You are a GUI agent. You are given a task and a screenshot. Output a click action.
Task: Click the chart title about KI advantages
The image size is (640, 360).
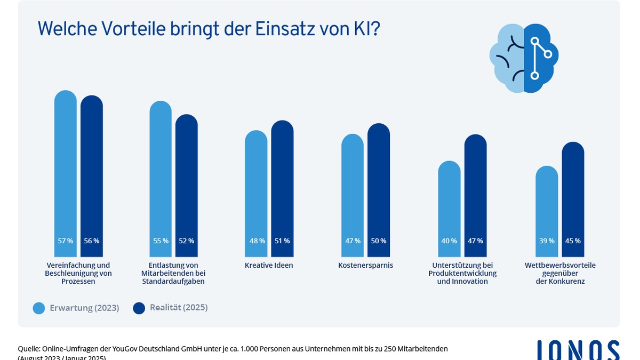pos(208,28)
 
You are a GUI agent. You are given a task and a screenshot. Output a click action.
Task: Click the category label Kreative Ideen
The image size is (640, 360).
pos(269,265)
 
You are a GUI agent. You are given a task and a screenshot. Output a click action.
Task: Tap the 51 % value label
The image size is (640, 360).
pos(282,241)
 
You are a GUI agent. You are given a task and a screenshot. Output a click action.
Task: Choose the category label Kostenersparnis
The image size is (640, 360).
pos(365,265)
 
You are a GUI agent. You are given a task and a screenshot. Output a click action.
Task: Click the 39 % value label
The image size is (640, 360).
pos(547,241)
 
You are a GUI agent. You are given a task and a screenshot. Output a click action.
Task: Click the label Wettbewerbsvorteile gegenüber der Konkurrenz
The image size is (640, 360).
pos(560,273)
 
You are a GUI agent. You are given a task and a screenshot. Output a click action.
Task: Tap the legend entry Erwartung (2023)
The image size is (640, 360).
pos(76,308)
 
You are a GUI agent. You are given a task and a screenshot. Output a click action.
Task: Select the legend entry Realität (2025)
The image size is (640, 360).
pos(170,308)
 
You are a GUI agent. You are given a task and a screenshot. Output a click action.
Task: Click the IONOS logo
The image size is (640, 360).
pos(578,350)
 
